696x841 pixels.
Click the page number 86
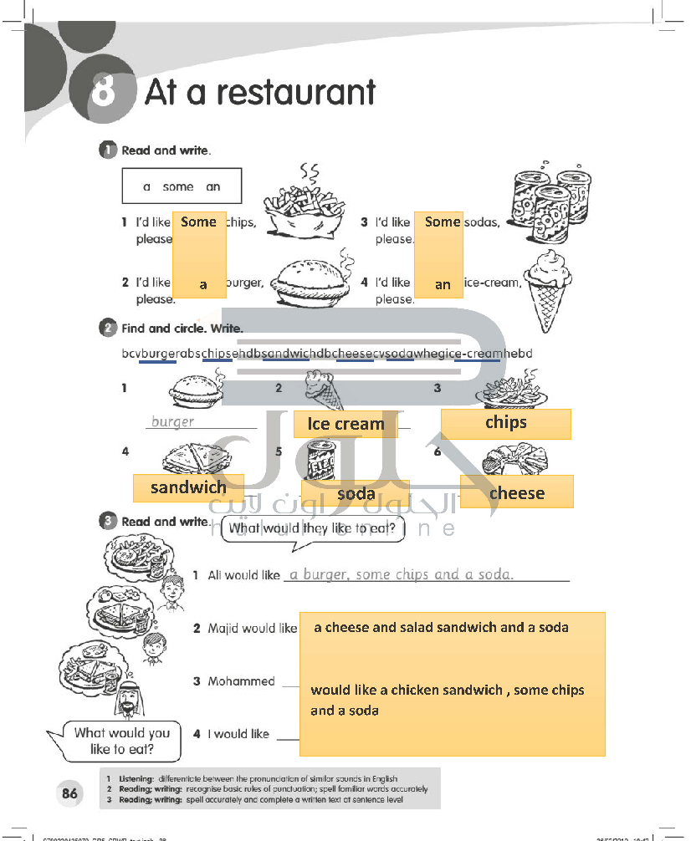(x=70, y=793)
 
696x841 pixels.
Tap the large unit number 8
(x=104, y=91)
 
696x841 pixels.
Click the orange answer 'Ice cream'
(x=345, y=424)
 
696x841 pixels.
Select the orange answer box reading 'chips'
(x=505, y=423)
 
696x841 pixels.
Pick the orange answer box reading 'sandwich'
(x=188, y=488)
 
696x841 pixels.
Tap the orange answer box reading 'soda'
(x=356, y=494)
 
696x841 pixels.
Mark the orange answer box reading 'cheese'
(x=516, y=492)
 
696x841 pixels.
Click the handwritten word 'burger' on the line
(x=173, y=422)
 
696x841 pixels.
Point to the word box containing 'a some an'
(x=182, y=186)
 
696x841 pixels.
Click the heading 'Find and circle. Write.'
(x=182, y=329)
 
